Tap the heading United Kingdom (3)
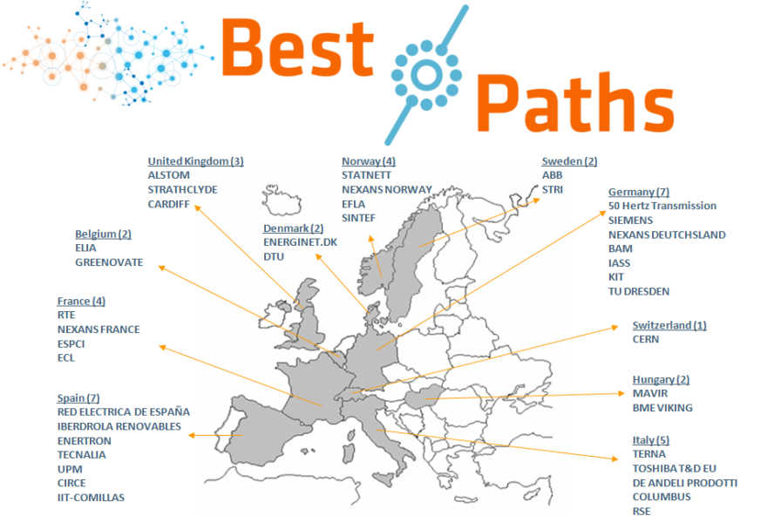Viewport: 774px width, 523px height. (195, 161)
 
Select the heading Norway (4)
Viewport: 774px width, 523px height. (368, 161)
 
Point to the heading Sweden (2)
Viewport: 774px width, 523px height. (569, 161)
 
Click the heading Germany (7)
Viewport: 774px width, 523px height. (639, 192)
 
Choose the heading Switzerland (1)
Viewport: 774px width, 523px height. (669, 325)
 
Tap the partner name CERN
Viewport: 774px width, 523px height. (646, 340)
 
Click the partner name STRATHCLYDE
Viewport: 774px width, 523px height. (182, 190)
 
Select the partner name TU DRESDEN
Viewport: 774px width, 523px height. (639, 291)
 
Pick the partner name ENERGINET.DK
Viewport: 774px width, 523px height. (300, 242)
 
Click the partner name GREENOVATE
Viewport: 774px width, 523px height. (109, 261)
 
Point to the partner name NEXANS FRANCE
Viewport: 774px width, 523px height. (98, 329)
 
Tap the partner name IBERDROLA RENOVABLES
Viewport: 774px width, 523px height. (119, 426)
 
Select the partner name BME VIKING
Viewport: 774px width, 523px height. (662, 408)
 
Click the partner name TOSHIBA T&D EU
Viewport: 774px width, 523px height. (674, 468)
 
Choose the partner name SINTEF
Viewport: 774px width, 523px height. (358, 218)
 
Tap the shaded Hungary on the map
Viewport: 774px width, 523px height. (422, 397)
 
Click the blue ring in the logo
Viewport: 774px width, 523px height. (425, 76)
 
